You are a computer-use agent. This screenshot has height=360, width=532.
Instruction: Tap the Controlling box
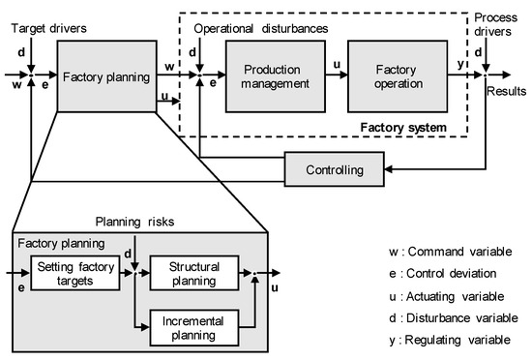pos(333,170)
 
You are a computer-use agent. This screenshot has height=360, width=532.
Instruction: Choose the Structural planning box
pos(193,274)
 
